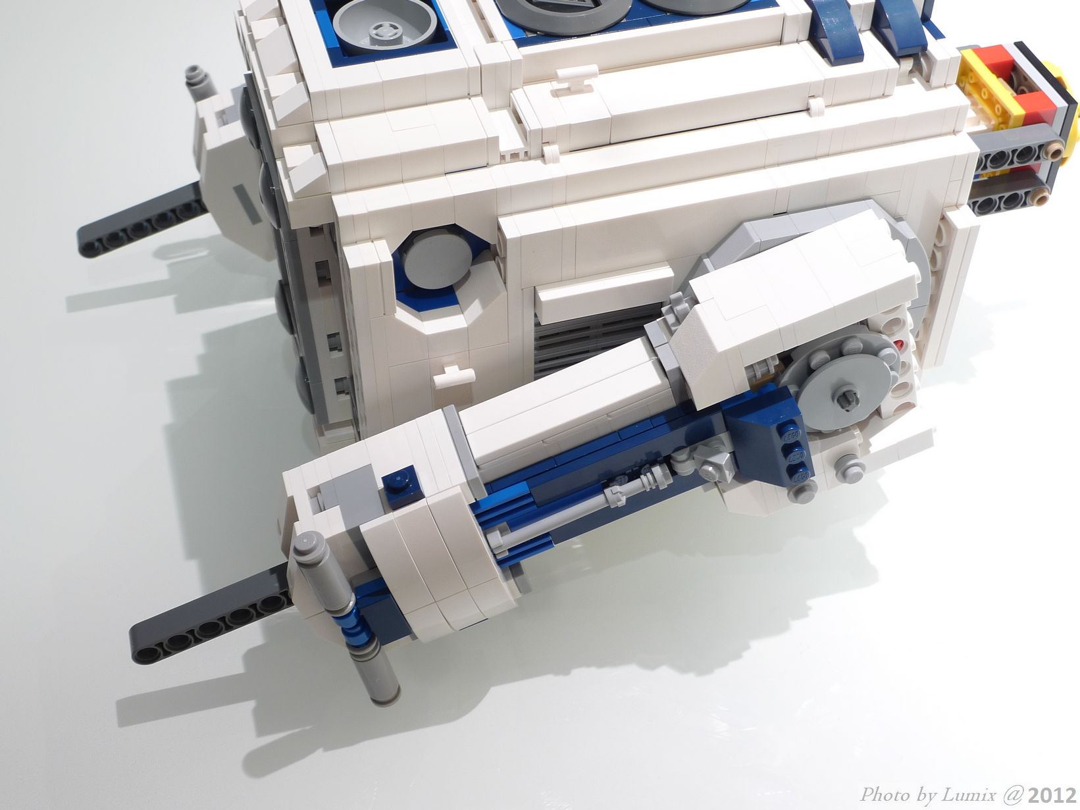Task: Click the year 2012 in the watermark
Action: (x=1052, y=795)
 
